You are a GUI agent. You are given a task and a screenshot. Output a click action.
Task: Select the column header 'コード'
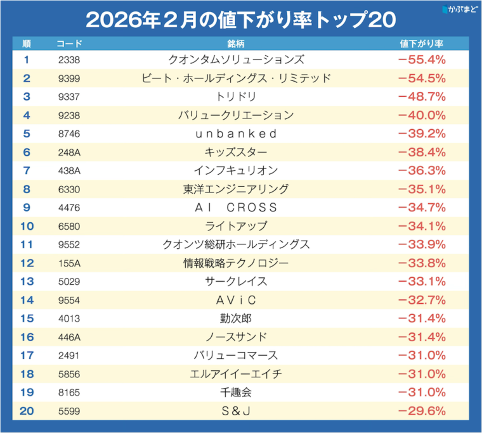click(x=69, y=44)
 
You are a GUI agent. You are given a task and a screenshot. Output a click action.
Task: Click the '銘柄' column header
click(x=235, y=44)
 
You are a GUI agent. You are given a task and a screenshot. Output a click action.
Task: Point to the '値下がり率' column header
click(x=422, y=44)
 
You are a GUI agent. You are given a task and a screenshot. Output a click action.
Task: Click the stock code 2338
click(x=69, y=60)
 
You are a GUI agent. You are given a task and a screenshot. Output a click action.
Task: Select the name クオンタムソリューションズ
click(x=236, y=60)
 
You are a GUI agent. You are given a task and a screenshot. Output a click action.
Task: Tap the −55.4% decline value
click(x=422, y=60)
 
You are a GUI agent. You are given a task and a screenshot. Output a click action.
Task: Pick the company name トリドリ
click(x=236, y=97)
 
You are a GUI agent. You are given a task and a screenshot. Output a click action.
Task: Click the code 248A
click(x=69, y=153)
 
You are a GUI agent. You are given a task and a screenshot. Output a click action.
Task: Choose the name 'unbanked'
click(x=236, y=134)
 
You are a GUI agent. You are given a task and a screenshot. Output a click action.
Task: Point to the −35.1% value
click(x=422, y=189)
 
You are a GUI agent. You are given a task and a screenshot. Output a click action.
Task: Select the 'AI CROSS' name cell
click(x=236, y=208)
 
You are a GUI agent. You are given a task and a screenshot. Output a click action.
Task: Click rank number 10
click(x=26, y=226)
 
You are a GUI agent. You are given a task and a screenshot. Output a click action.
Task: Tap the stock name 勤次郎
click(x=236, y=318)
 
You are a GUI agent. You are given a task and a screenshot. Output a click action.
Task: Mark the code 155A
click(x=69, y=263)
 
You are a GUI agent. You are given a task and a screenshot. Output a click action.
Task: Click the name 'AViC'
click(x=236, y=299)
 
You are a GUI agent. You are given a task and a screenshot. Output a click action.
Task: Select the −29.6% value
click(x=422, y=411)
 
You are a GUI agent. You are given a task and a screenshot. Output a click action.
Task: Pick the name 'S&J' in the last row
click(x=236, y=411)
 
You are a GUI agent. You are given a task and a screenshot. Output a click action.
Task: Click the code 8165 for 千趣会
click(x=69, y=392)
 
